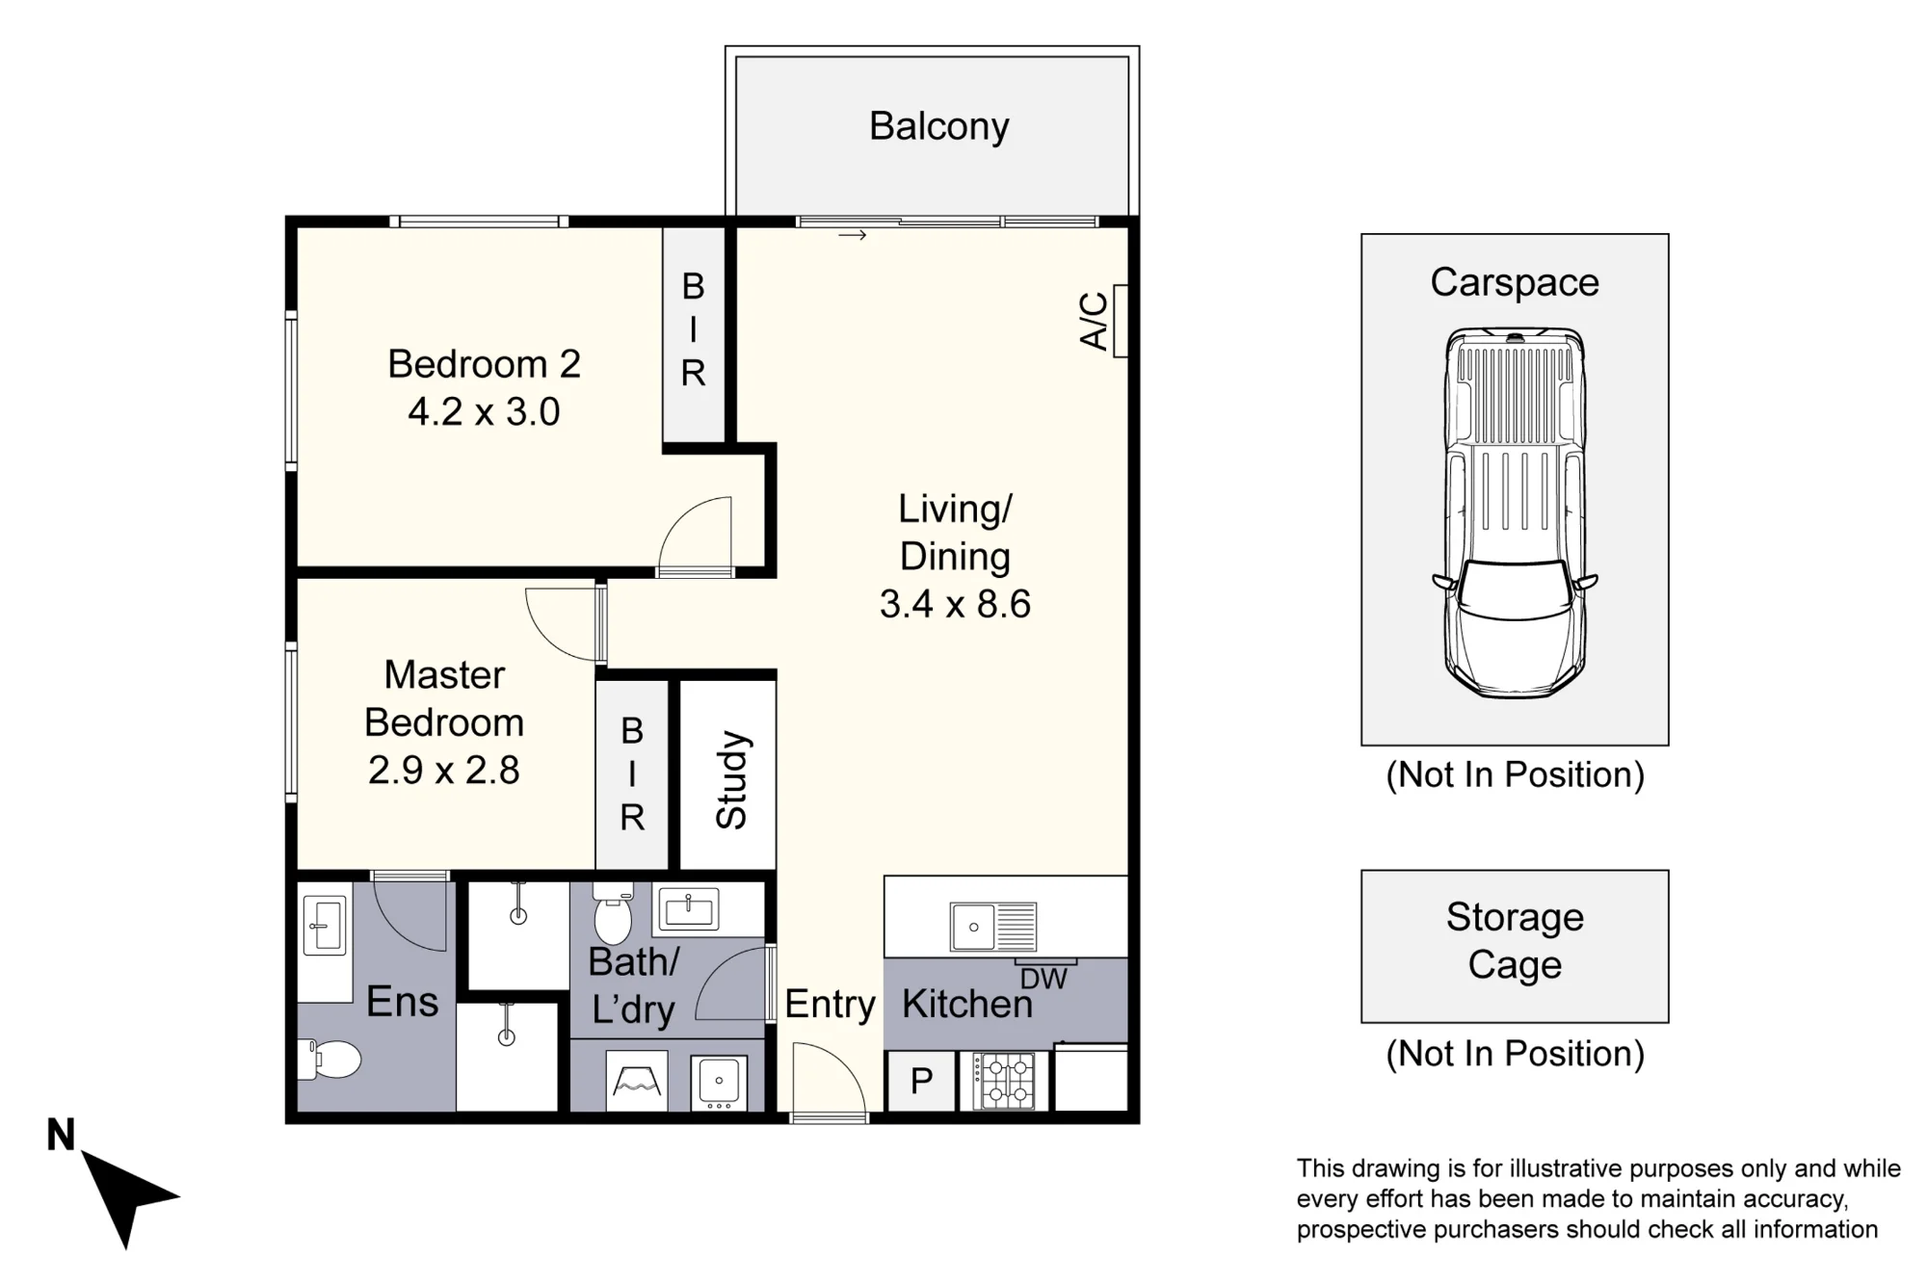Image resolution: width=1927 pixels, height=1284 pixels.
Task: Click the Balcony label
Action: click(x=938, y=126)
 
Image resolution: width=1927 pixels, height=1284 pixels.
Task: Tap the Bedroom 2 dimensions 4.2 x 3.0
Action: click(x=484, y=412)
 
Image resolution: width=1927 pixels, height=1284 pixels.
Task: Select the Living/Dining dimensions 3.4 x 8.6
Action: click(x=955, y=604)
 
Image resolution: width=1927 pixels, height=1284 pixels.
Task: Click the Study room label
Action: click(x=732, y=780)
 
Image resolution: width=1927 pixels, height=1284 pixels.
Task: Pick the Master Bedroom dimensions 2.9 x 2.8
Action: click(x=444, y=771)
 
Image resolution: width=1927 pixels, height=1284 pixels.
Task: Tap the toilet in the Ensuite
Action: click(x=328, y=1059)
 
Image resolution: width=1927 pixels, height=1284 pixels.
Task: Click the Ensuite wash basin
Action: click(x=324, y=926)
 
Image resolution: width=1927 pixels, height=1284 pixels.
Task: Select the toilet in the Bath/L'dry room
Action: click(x=612, y=913)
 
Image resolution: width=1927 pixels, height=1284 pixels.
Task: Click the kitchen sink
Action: click(x=993, y=927)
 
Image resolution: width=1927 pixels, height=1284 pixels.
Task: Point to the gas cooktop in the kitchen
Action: click(x=1004, y=1081)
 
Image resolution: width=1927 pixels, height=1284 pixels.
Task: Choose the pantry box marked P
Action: click(x=921, y=1081)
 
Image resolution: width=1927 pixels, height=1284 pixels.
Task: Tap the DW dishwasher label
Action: click(x=1043, y=980)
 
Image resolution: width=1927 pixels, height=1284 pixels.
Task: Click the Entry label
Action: click(x=830, y=1005)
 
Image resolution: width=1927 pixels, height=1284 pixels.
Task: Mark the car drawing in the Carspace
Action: click(x=1515, y=512)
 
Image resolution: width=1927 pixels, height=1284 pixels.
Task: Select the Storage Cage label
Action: click(x=1515, y=941)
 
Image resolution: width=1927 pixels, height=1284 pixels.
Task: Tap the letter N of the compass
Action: click(x=61, y=1135)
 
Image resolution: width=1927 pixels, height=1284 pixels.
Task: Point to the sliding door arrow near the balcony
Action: click(x=853, y=235)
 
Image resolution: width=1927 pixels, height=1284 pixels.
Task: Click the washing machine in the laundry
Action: click(x=718, y=1082)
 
